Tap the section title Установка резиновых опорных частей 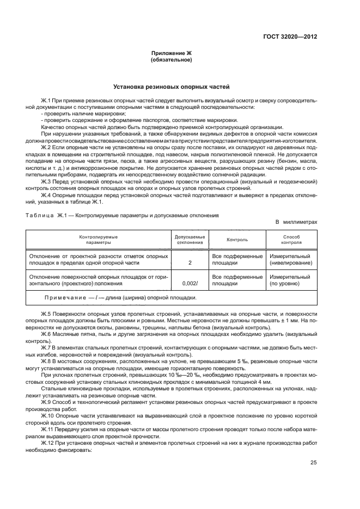coord(171,87)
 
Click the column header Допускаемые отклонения coord(190,240)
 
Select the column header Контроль coord(237,240)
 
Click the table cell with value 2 coord(190,263)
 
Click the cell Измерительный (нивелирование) coord(291,259)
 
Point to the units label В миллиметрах coord(296,222)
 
